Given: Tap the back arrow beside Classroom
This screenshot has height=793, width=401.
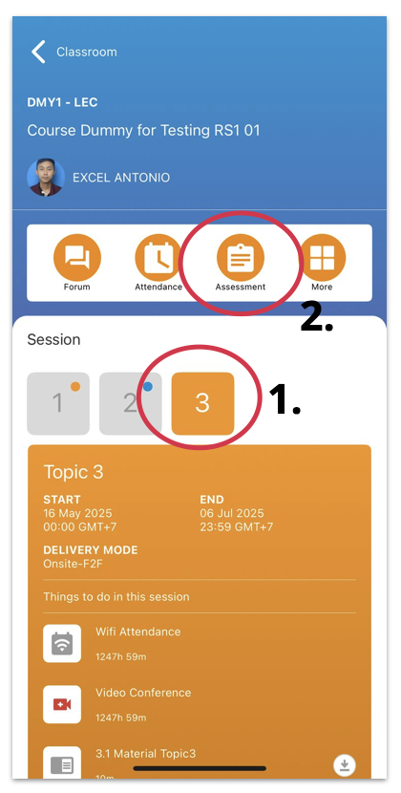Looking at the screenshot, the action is [38, 52].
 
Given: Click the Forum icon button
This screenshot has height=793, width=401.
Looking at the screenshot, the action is [77, 258].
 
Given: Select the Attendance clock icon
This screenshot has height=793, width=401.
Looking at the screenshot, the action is [158, 258].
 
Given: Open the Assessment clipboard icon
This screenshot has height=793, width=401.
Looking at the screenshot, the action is [241, 258].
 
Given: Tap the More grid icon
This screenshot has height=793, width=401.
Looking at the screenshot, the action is [322, 258].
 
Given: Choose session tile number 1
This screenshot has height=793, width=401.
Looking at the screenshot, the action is [58, 403].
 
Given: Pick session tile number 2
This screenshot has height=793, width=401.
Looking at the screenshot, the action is [131, 403].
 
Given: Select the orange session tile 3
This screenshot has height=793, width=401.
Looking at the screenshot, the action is [202, 403].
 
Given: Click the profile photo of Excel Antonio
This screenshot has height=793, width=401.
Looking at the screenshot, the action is [46, 178].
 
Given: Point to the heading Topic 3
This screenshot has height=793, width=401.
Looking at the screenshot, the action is [74, 472].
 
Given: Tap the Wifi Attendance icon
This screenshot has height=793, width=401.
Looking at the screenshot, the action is [62, 643].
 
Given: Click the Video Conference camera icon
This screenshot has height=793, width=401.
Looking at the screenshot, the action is [62, 704].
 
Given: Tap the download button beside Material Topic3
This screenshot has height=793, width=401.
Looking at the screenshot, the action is [345, 765].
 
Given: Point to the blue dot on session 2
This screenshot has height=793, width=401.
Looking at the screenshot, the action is [148, 387].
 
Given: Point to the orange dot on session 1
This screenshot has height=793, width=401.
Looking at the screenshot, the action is [75, 387].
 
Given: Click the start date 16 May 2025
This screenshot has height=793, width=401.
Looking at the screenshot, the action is [78, 513].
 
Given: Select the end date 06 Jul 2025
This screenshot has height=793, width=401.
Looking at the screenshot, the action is [232, 513].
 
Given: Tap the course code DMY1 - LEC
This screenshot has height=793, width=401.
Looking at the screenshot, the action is [62, 102].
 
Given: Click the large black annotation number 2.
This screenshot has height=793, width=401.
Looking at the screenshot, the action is [317, 316].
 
